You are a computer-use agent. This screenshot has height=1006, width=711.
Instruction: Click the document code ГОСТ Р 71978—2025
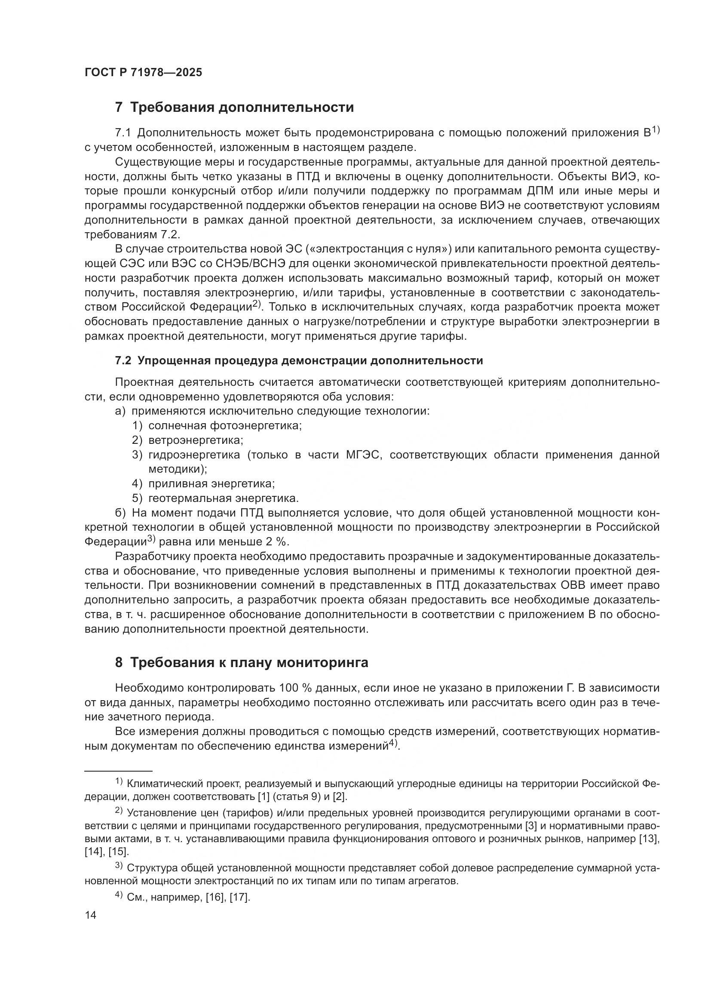coord(143,72)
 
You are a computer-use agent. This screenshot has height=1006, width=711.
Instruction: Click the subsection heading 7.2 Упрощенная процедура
coord(299,360)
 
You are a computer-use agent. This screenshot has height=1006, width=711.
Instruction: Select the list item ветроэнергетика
coord(196,440)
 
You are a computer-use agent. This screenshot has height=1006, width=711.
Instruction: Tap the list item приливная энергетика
coord(211,484)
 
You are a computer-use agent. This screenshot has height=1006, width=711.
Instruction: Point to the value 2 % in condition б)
coord(276,542)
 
